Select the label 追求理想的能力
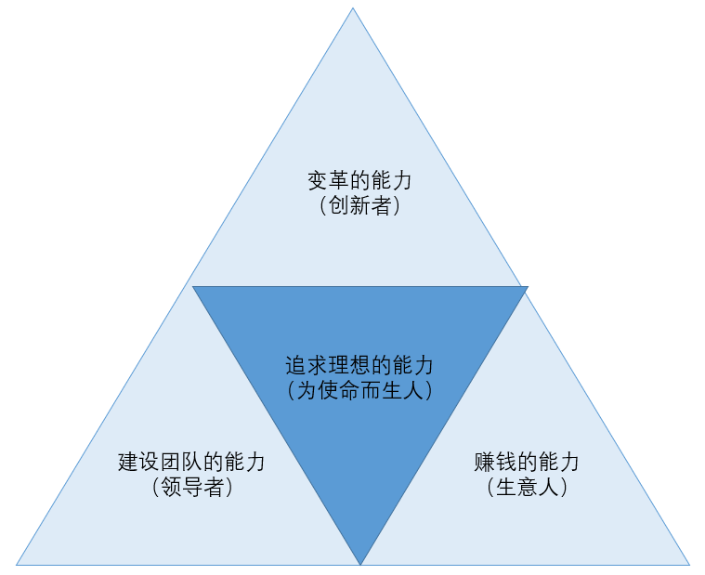pos(359,365)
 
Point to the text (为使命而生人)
pos(359,391)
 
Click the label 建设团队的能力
pos(192,462)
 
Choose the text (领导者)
pos(192,488)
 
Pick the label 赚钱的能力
pos(527,462)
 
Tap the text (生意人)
pos(527,488)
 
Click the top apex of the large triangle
pos(353,8)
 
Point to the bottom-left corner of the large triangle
pos(17,564)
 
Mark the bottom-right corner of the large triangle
pos(689,564)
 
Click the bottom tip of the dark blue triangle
pos(360,563)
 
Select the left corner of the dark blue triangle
pos(193,287)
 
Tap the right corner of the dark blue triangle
pos(527,287)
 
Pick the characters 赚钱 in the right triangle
pos(496,462)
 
